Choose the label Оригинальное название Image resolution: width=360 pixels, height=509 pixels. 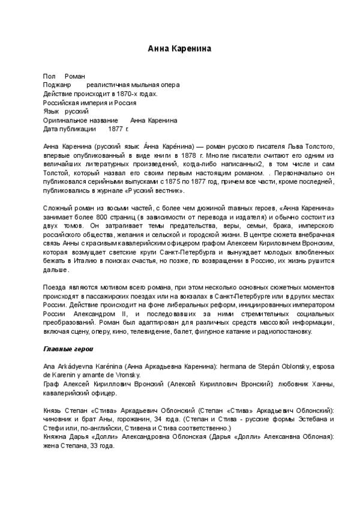tap(80, 120)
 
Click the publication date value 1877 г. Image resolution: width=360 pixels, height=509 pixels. tap(118, 129)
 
